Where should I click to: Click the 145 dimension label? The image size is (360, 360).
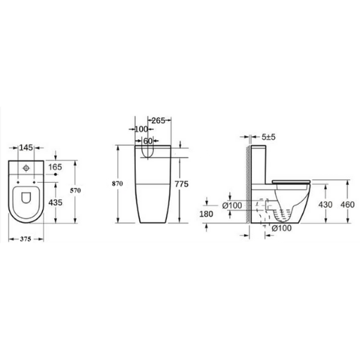click(26, 148)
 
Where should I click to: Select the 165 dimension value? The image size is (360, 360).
click(55, 167)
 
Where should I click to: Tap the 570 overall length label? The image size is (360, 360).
click(75, 191)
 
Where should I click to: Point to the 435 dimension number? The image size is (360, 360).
click(56, 202)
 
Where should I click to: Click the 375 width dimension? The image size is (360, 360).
click(25, 239)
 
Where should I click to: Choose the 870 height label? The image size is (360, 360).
click(117, 184)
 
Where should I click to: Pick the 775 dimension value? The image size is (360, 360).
click(181, 184)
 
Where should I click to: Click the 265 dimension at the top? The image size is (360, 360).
click(158, 121)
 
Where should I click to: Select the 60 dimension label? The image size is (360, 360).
click(148, 141)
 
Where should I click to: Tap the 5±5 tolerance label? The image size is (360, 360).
click(269, 137)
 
